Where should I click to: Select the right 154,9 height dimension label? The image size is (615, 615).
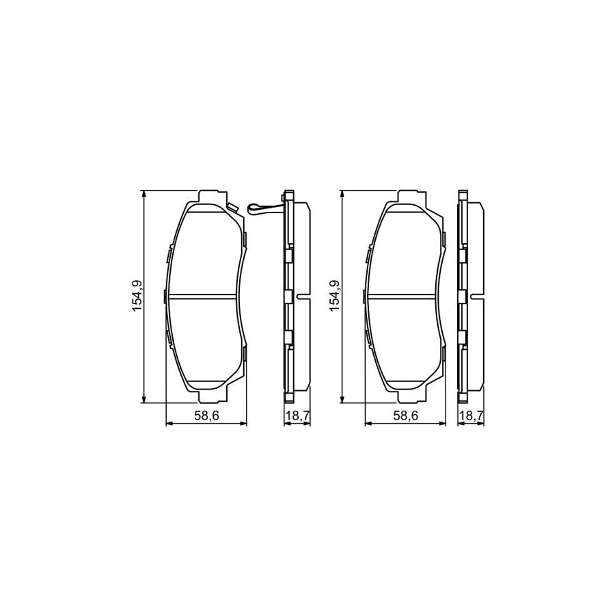[335, 296]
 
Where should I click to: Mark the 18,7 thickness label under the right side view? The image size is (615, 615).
[469, 416]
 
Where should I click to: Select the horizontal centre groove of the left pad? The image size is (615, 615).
[205, 296]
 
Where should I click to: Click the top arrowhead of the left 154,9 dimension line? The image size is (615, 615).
[143, 194]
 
